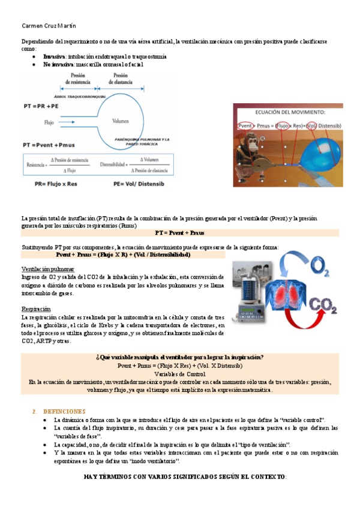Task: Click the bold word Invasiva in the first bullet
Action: coord(54,56)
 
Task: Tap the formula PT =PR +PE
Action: coord(41,105)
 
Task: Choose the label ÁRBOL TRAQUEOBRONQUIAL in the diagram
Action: coord(76,95)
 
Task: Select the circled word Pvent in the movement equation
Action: coord(245,125)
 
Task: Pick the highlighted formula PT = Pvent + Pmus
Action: coord(179,232)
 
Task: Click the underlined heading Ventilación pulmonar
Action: coord(48,269)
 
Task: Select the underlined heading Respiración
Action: coord(38,309)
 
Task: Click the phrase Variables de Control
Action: coord(179,373)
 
